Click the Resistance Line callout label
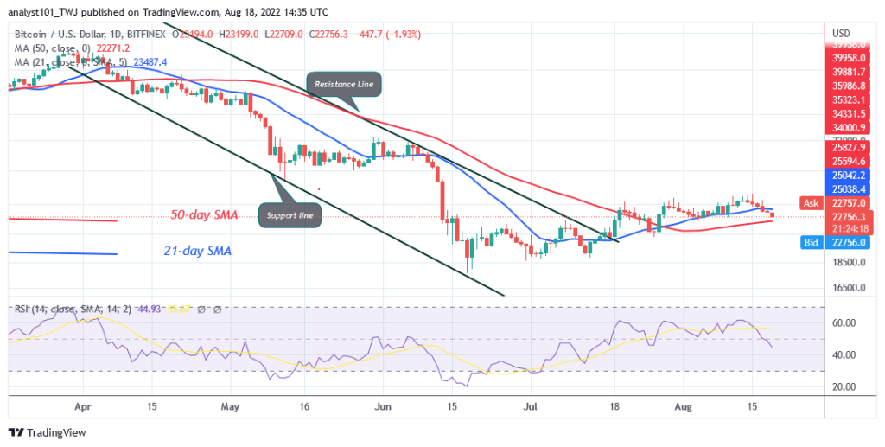tap(345, 84)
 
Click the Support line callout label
tap(290, 214)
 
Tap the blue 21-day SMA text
tap(199, 251)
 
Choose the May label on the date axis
tap(229, 404)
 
